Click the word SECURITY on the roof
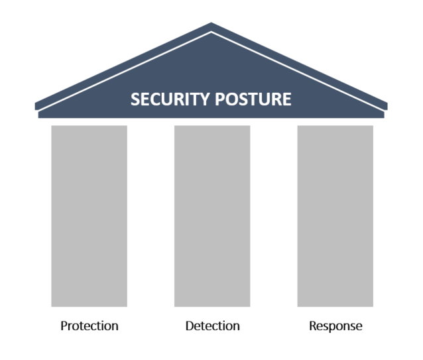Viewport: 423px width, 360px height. click(x=170, y=99)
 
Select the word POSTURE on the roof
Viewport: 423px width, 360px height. click(x=253, y=99)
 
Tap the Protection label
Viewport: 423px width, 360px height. click(x=90, y=326)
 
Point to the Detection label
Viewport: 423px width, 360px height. click(x=213, y=326)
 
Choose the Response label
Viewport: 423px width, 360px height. click(x=335, y=326)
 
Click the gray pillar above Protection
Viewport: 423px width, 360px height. click(x=90, y=216)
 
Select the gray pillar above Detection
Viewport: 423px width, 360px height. click(x=212, y=216)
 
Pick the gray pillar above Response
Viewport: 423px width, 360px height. click(x=335, y=216)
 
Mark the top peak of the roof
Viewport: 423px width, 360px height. click(x=211, y=23)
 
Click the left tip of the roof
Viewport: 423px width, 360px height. click(x=35, y=106)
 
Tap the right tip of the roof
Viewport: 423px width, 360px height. click(x=387, y=106)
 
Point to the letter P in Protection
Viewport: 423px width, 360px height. click(x=64, y=326)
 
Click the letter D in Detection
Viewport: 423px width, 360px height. click(x=190, y=326)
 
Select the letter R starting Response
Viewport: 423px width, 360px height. click(x=313, y=326)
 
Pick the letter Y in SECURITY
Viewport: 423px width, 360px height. click(x=204, y=99)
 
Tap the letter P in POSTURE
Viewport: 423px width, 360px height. click(x=219, y=99)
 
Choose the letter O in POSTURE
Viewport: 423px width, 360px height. click(x=232, y=99)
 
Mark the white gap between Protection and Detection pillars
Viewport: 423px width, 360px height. click(x=151, y=216)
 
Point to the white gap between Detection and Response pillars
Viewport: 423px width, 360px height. click(x=274, y=216)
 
